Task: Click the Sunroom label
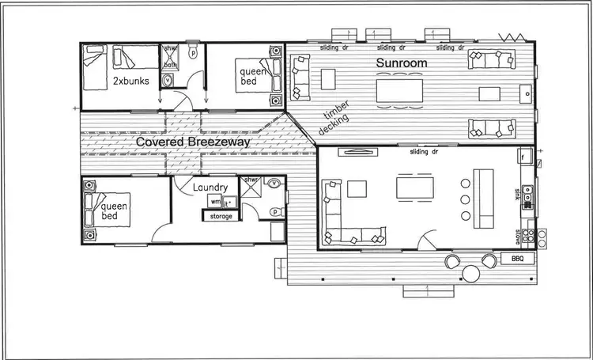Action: pos(402,63)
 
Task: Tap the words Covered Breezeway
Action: pos(193,142)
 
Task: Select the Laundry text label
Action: pos(211,188)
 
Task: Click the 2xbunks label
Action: pos(128,81)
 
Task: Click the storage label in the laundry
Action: pos(220,216)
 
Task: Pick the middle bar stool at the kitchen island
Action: pos(464,200)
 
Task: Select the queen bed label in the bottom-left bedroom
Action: pos(112,211)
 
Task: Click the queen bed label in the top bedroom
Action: pos(253,78)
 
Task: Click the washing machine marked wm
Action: pos(214,202)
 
